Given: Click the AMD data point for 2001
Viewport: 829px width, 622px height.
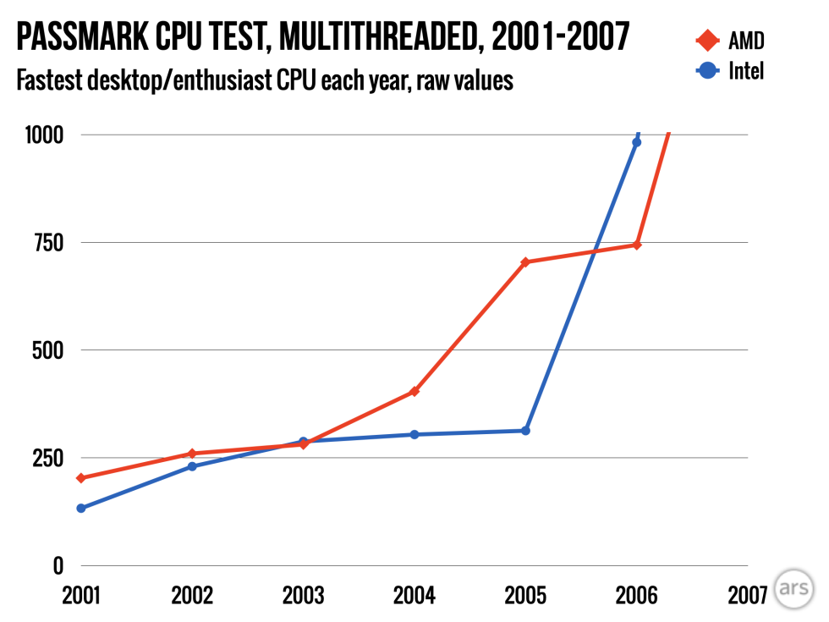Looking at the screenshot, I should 81,478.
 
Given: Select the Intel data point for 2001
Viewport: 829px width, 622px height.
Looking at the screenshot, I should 81,509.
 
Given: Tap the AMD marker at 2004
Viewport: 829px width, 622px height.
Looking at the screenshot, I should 414,391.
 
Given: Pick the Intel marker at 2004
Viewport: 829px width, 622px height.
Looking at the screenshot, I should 414,435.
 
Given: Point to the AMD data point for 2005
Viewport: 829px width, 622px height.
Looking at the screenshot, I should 525,262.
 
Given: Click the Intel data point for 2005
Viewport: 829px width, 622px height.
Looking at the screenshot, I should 525,431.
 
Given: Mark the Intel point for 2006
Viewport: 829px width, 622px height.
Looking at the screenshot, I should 637,142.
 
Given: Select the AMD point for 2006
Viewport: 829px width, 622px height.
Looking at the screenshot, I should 637,245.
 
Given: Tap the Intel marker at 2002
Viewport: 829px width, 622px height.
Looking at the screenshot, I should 192,466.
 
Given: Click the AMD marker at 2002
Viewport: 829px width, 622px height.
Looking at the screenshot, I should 192,454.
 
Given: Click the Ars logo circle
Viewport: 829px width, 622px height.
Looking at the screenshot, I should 795,589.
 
